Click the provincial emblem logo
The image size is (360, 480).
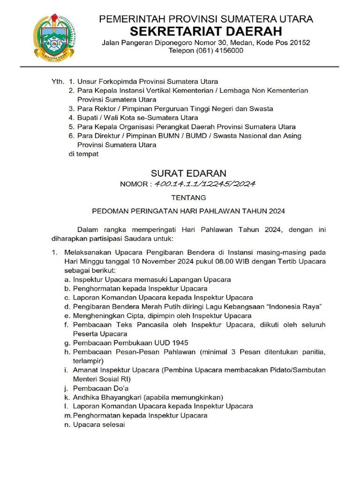click(53, 36)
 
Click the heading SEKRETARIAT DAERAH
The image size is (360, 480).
click(206, 31)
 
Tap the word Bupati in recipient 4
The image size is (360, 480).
click(89, 118)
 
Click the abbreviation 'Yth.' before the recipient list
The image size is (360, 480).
click(57, 82)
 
